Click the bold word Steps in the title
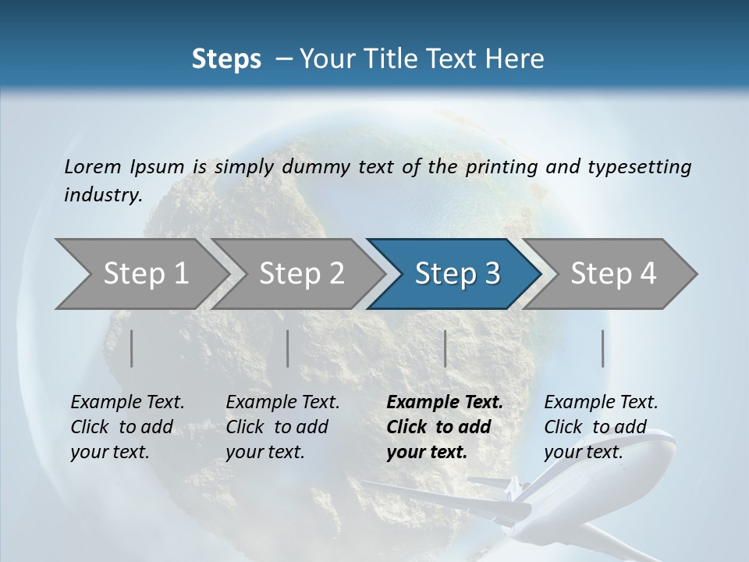point(226,59)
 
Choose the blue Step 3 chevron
point(457,274)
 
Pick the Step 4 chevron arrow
point(613,274)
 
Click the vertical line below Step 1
point(132,348)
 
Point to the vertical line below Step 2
point(288,348)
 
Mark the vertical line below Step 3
point(445,348)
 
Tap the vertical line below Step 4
point(603,348)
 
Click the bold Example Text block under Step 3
point(445,427)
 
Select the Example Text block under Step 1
point(127,427)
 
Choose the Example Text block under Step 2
point(282,427)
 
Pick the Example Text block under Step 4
point(601,427)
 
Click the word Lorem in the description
point(93,166)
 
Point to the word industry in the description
point(102,195)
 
